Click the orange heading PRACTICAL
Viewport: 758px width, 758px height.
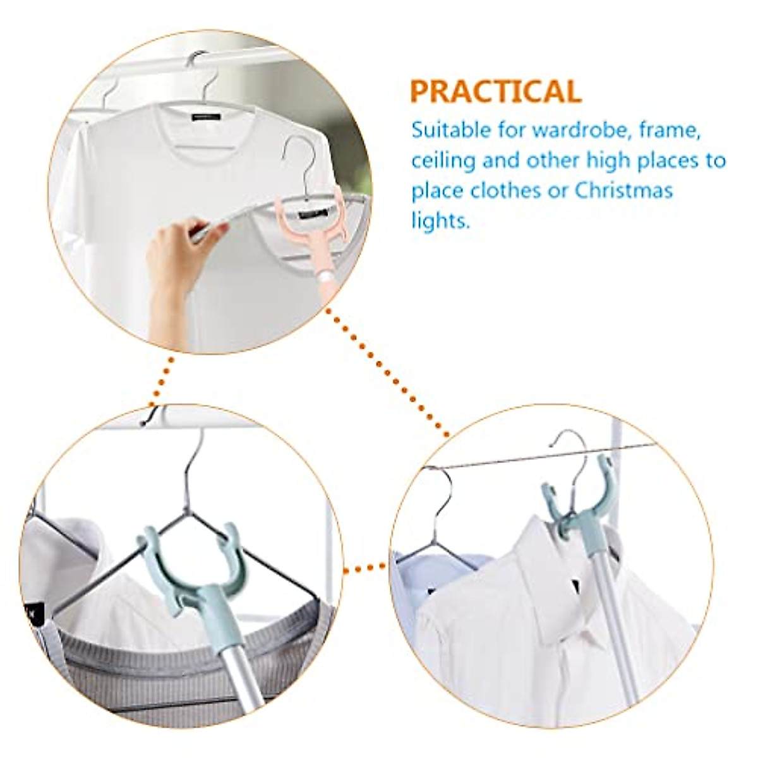tap(495, 92)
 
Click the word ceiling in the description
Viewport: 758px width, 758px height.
tap(443, 160)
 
